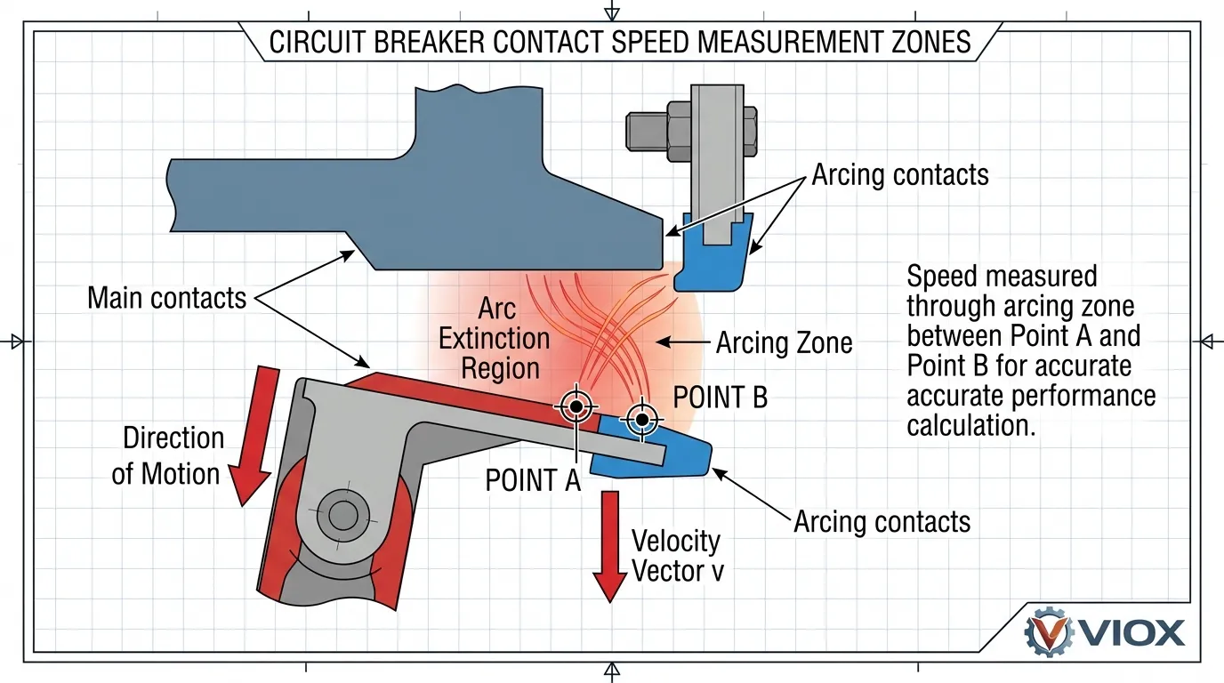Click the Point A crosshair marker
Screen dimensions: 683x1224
576,406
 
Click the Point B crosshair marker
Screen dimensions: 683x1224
640,419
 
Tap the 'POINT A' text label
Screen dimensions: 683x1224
532,480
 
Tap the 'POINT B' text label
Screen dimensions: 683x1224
720,398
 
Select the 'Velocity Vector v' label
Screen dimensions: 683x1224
677,555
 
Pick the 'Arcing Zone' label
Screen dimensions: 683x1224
784,342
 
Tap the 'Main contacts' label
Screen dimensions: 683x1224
166,297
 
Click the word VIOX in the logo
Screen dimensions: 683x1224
1133,632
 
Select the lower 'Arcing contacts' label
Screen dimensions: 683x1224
882,521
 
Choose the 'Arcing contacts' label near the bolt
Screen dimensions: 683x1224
899,174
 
